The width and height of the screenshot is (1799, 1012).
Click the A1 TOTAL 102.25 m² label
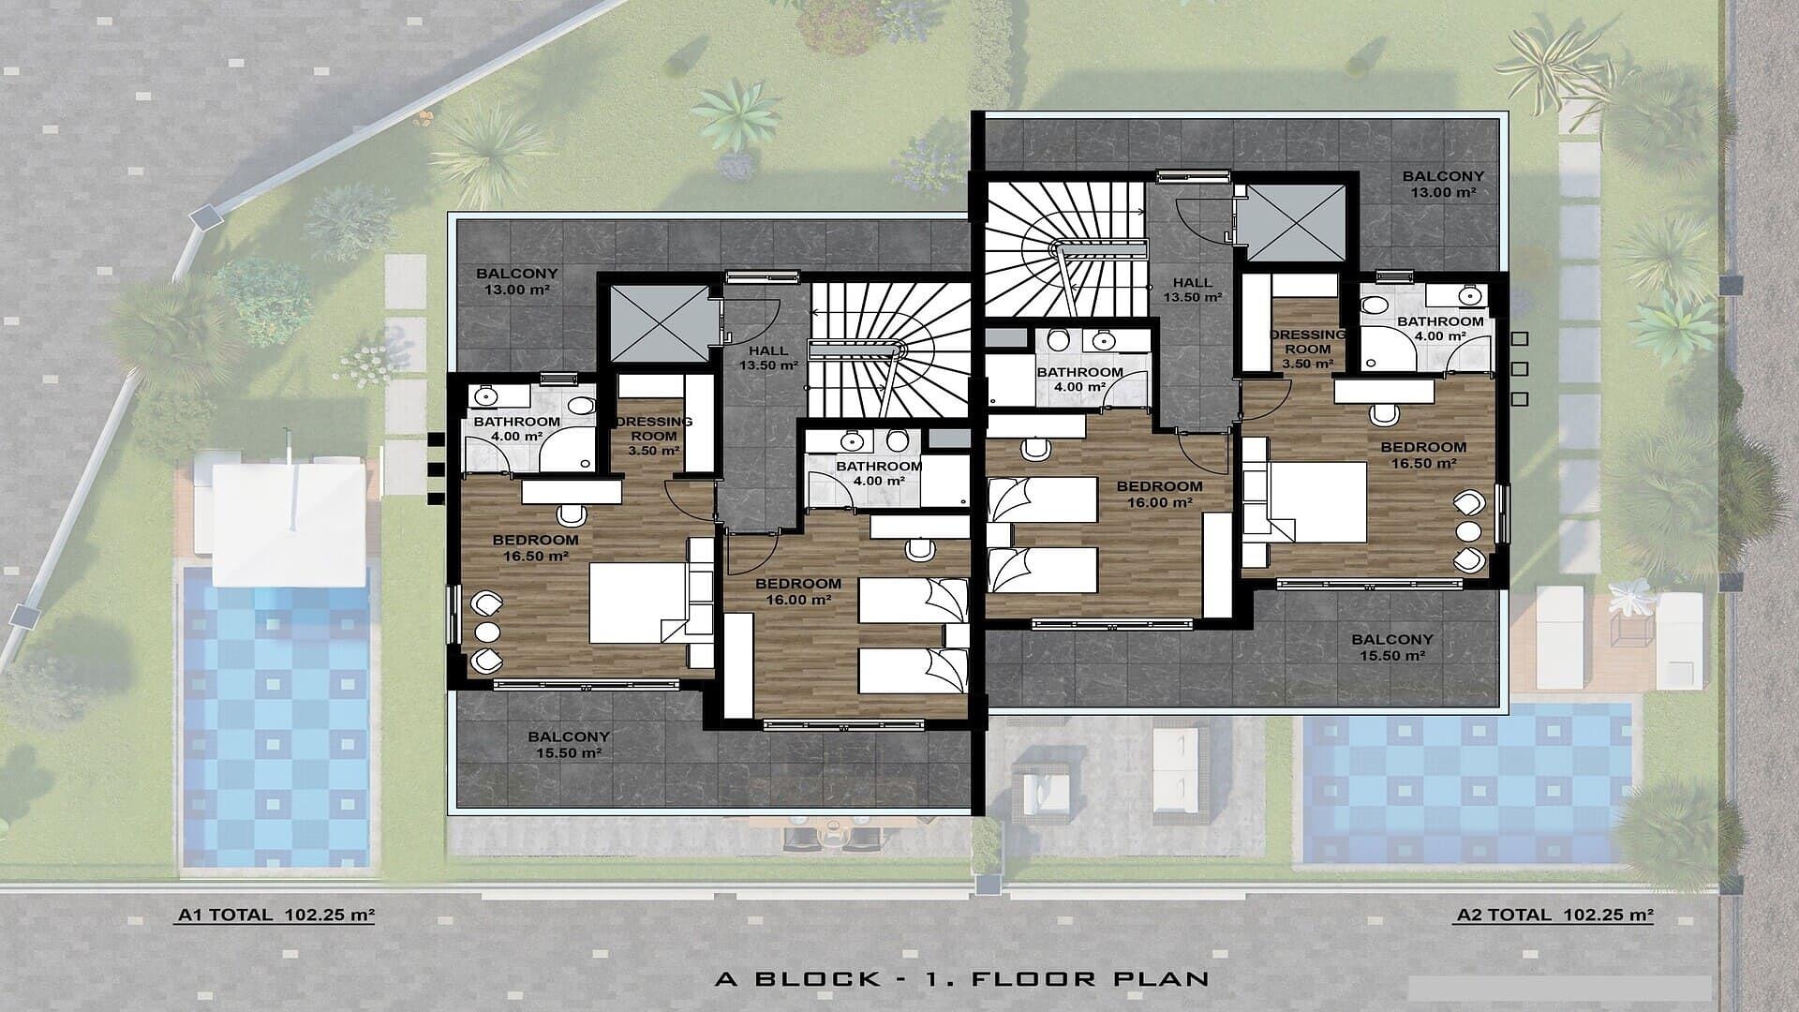tap(275, 915)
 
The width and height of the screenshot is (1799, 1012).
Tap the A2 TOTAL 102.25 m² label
tap(1554, 915)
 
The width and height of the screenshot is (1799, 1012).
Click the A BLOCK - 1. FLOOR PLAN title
tap(961, 979)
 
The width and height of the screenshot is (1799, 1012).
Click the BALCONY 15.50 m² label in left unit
tap(568, 745)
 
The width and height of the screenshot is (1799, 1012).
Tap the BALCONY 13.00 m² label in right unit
tap(1443, 184)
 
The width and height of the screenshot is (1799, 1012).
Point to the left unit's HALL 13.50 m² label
tap(768, 358)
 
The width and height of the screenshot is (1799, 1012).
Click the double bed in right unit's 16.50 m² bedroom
tap(1317, 501)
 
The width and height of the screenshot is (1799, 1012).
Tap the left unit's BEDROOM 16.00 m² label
tap(798, 591)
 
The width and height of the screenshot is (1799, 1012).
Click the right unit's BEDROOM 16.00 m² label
tap(1159, 494)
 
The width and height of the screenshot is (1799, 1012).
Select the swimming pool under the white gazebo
tap(276, 722)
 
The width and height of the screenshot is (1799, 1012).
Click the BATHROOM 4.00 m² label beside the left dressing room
tap(516, 428)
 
